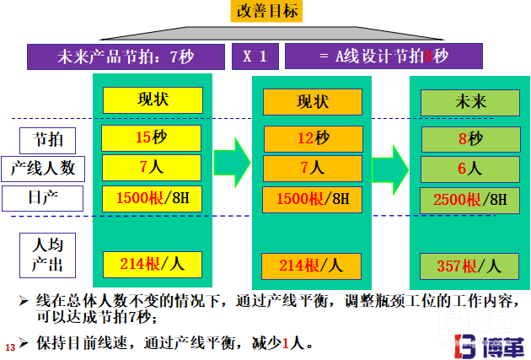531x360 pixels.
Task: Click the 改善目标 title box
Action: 266,11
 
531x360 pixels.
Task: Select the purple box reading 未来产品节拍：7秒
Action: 126,56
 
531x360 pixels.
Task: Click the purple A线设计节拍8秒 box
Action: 383,56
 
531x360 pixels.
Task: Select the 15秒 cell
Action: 152,137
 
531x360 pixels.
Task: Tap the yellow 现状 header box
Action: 152,99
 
